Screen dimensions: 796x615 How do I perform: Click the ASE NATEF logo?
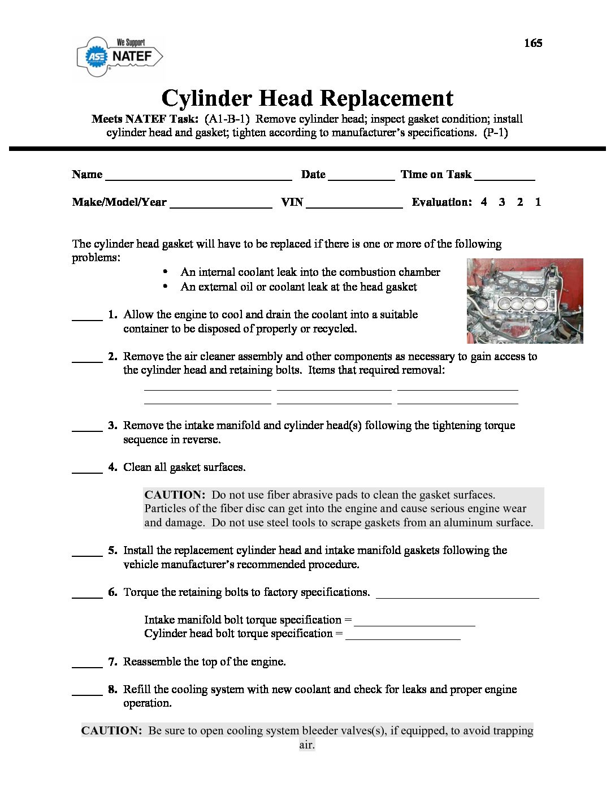tap(120, 56)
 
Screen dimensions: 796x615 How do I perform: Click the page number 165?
tap(532, 43)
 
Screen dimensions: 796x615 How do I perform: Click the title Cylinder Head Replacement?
tap(307, 98)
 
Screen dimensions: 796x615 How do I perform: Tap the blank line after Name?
tap(198, 176)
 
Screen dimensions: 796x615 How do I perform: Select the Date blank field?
tap(361, 176)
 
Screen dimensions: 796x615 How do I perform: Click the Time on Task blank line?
tap(505, 176)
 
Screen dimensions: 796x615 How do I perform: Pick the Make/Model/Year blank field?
tap(220, 204)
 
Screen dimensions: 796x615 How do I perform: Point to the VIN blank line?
tap(354, 204)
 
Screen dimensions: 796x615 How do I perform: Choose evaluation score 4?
tap(484, 202)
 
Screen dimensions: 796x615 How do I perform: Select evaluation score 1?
tap(538, 202)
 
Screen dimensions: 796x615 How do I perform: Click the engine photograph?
tap(525, 301)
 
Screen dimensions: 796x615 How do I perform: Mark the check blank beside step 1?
tap(87, 318)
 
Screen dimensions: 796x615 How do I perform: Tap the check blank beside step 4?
tap(87, 470)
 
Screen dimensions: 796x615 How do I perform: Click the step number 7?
tap(112, 661)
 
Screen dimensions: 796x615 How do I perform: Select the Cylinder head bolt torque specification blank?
tap(402, 637)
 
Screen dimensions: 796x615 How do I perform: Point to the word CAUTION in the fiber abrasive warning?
tap(174, 495)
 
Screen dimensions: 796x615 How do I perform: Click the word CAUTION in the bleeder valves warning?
tap(111, 730)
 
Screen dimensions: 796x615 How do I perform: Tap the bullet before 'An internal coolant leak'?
tap(165, 272)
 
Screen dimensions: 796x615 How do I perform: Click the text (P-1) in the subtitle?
tap(495, 133)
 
